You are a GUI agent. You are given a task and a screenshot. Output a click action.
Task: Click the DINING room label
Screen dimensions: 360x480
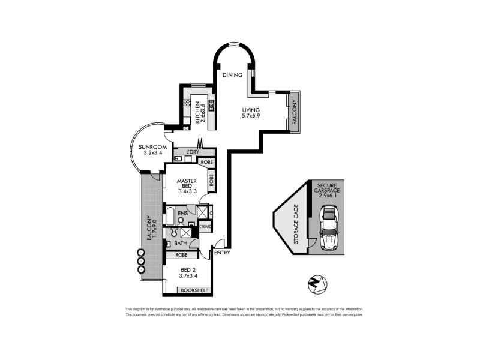pyautogui.click(x=232, y=75)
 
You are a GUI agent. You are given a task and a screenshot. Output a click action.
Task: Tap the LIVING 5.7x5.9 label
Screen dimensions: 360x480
pyautogui.click(x=251, y=113)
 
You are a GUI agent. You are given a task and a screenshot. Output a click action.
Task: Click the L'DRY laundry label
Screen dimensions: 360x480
pyautogui.click(x=193, y=152)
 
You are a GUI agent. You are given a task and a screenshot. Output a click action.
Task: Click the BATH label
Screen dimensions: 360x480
pyautogui.click(x=181, y=243)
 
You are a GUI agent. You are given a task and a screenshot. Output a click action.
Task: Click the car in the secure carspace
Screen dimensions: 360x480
pyautogui.click(x=329, y=229)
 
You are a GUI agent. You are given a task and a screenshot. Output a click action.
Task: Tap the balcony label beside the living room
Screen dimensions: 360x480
pyautogui.click(x=295, y=110)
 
